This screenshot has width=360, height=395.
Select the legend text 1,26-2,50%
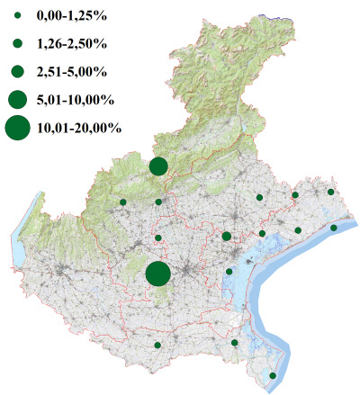coord(70,43)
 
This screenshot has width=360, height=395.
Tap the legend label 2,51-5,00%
coord(70,71)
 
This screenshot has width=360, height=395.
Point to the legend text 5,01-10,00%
coord(74,99)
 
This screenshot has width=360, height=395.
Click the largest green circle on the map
coord(158,274)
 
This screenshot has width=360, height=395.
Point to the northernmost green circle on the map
coord(158,166)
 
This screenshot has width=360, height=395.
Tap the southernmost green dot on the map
coord(274,375)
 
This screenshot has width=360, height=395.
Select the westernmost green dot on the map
coord(123,202)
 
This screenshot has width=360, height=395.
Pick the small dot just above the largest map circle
coord(158,238)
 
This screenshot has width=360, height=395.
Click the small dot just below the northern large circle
coord(158,202)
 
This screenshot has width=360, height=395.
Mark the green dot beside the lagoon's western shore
coord(229,272)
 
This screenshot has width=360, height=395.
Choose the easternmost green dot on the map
coord(334,228)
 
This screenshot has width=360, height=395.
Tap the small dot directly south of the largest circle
coord(157,345)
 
